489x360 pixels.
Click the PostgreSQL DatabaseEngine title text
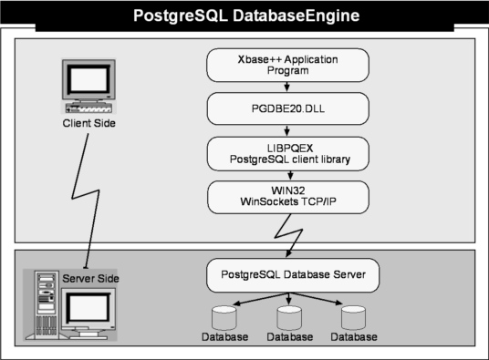246,15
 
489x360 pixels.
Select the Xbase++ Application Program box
288,65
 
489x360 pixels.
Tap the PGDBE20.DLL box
288,108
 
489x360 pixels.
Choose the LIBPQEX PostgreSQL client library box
288,154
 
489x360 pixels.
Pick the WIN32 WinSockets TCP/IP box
288,197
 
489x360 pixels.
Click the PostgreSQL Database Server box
293,275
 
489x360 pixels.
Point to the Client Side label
88,123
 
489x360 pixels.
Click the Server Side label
90,278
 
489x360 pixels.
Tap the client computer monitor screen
88,79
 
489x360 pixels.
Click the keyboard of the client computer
88,108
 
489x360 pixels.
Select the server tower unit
47,305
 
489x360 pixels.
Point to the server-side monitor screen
88,308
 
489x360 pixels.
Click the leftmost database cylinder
224,318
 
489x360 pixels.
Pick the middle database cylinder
289,318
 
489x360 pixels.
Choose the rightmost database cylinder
353,318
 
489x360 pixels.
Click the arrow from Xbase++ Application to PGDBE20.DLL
286,87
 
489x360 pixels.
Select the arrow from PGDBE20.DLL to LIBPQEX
286,131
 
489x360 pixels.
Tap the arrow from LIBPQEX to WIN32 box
290,176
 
